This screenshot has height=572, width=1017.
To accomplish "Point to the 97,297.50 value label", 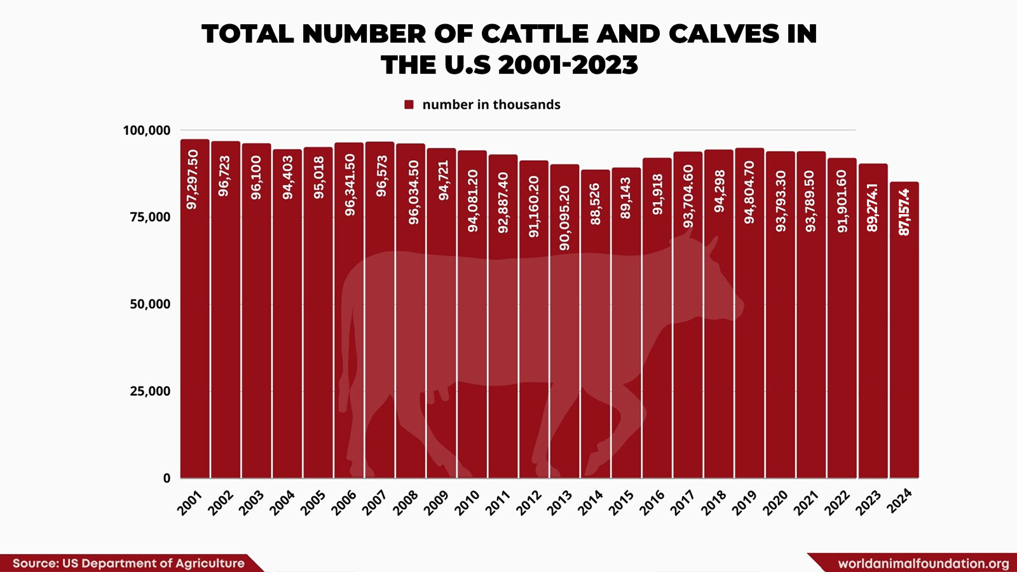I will (x=193, y=179).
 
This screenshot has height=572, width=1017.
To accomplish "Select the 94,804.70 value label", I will (x=749, y=192).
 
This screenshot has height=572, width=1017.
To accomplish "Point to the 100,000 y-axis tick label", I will (x=146, y=130).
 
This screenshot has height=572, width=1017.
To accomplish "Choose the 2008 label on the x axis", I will (x=405, y=503).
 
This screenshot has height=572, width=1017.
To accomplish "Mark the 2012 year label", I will (x=528, y=503).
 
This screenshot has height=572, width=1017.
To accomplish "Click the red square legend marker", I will (x=409, y=105).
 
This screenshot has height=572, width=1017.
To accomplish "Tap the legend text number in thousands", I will (x=491, y=105).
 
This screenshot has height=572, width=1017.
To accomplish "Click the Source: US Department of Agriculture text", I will (x=128, y=563).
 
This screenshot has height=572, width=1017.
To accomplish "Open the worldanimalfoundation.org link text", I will (x=923, y=564).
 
